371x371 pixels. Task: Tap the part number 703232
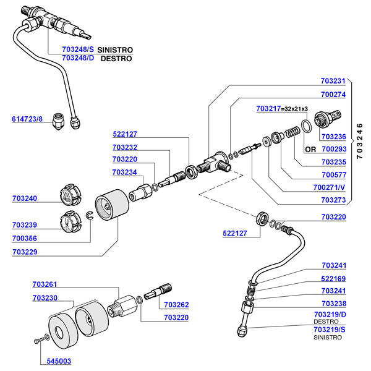pyautogui.click(x=125, y=148)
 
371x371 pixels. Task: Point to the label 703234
pyautogui.click(x=125, y=173)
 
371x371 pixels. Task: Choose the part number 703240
pyautogui.click(x=24, y=198)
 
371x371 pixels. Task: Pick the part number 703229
pyautogui.click(x=24, y=252)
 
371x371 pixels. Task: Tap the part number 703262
pyautogui.click(x=176, y=305)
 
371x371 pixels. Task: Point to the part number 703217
pyautogui.click(x=268, y=109)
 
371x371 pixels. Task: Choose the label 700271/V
pyautogui.click(x=330, y=186)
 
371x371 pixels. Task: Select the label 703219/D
pyautogui.click(x=330, y=315)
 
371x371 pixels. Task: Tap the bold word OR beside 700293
pyautogui.click(x=310, y=150)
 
